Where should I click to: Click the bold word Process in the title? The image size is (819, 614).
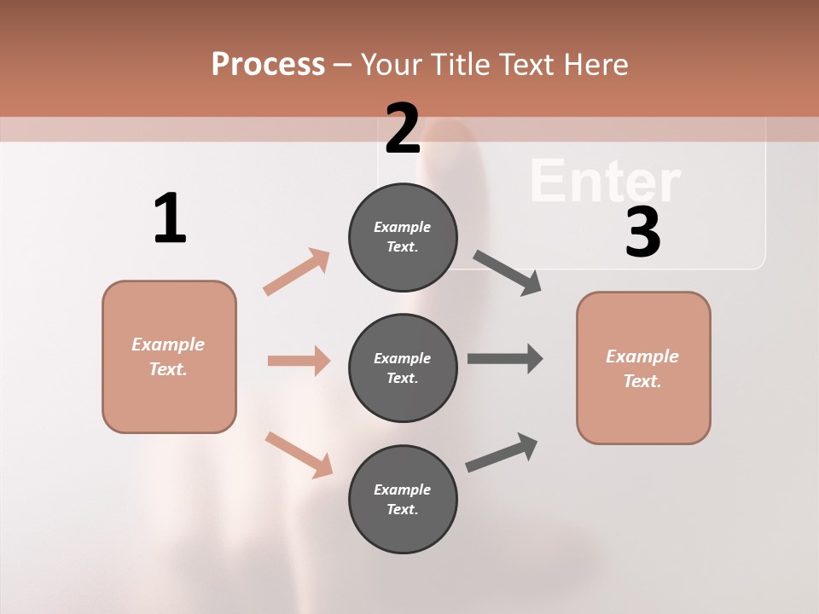click(268, 64)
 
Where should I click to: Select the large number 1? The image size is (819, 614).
click(170, 218)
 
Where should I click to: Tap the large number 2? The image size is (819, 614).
click(403, 128)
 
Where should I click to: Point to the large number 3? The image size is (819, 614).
click(642, 233)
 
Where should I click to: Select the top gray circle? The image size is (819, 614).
click(403, 237)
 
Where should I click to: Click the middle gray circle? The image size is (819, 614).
click(403, 368)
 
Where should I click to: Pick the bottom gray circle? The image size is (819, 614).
click(403, 499)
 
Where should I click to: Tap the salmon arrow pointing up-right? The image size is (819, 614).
click(297, 272)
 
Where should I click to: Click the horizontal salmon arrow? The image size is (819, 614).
click(299, 361)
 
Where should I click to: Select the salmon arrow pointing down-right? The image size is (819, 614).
click(299, 454)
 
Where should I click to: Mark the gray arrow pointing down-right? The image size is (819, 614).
click(508, 273)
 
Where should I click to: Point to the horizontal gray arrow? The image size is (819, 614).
click(505, 358)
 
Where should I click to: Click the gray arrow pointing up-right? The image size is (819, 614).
click(502, 453)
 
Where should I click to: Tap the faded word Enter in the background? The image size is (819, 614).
click(605, 181)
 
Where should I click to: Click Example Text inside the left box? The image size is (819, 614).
click(168, 356)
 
